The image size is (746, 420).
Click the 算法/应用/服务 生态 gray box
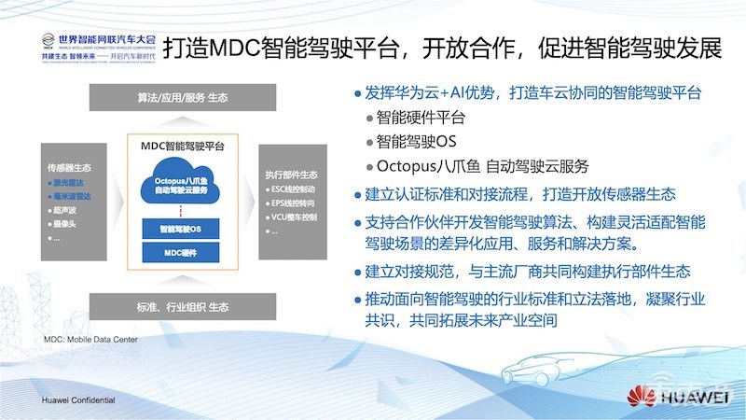[182, 97]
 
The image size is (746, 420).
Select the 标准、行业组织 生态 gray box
[182, 305]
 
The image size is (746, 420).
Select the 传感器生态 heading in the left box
[68, 169]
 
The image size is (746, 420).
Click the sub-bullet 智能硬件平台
[421, 119]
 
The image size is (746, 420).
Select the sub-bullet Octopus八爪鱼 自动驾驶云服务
[482, 166]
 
